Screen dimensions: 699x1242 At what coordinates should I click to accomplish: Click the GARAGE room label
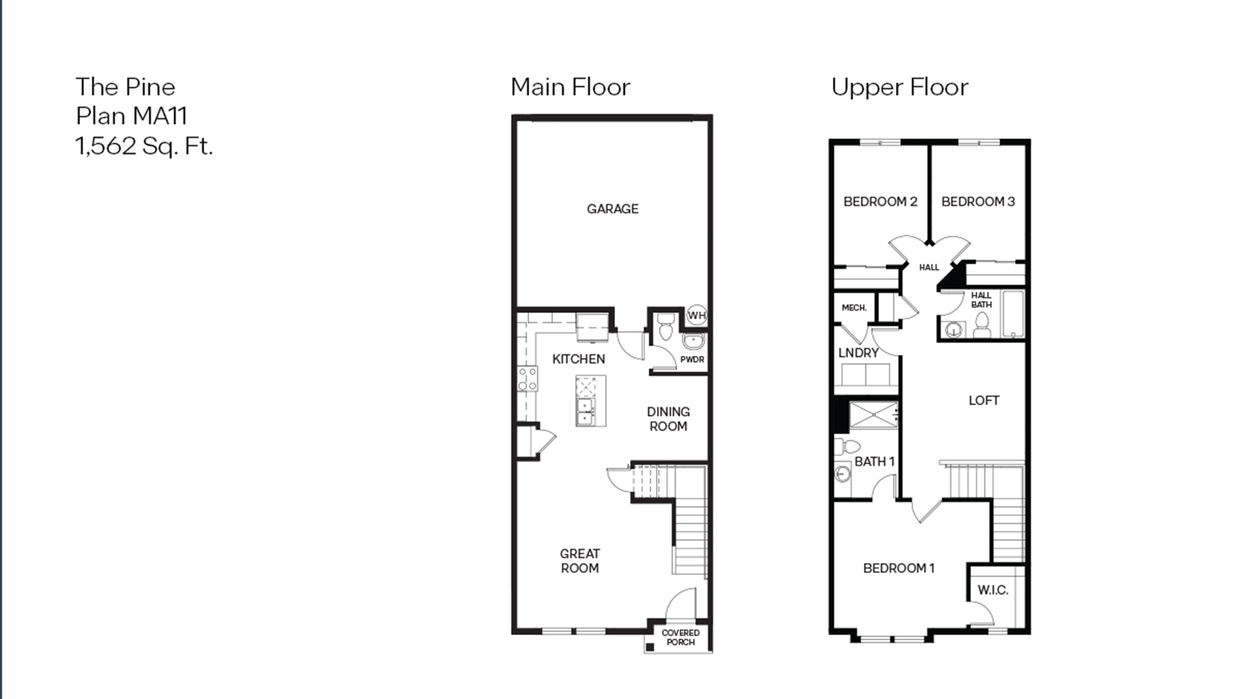tap(612, 209)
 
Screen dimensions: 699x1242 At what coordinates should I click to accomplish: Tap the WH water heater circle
tap(696, 316)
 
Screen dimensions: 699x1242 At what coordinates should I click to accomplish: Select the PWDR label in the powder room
tap(692, 359)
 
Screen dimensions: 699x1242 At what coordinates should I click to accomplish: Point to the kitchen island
tap(591, 401)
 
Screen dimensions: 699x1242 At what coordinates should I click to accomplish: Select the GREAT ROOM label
tap(580, 560)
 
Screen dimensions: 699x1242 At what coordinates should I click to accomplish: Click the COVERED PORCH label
tap(680, 637)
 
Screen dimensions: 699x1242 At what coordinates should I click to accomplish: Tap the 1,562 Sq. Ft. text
tap(144, 146)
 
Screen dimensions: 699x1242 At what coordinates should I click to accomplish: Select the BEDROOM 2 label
tap(880, 202)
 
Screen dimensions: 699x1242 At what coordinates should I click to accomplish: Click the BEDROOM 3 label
tap(978, 202)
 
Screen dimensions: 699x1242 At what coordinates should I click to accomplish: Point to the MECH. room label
tap(854, 308)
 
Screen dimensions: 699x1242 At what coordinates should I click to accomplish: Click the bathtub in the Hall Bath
tap(1013, 314)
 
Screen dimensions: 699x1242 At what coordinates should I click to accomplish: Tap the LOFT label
tap(984, 401)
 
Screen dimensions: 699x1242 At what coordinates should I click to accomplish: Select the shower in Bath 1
tap(873, 415)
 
